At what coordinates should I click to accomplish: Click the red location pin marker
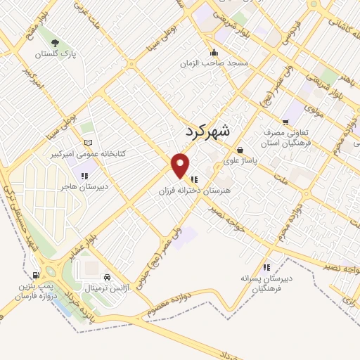click(x=181, y=165)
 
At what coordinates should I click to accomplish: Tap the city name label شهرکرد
click(x=209, y=131)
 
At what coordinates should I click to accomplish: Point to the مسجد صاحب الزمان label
click(x=224, y=63)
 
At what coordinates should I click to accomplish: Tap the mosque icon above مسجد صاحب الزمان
click(x=214, y=52)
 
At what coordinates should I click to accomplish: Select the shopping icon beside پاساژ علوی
click(x=240, y=149)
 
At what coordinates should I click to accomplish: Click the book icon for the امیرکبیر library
click(x=87, y=142)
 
